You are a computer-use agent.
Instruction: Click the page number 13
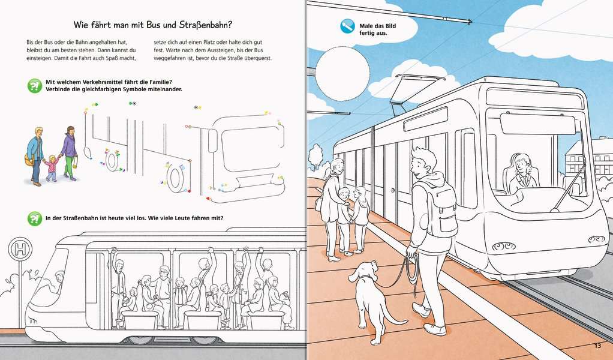point(597,346)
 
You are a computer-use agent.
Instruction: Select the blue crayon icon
point(347,26)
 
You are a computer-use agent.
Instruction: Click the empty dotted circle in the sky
point(342,73)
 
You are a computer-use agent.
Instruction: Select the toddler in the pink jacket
point(51,168)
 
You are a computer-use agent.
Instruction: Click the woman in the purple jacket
point(70,153)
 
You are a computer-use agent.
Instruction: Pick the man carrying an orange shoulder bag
point(35,156)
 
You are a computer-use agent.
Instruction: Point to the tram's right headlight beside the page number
point(597,239)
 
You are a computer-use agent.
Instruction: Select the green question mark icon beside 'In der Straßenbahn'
point(34,218)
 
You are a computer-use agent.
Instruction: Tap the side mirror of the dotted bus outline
point(212,140)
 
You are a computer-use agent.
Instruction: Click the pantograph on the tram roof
point(415,90)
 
